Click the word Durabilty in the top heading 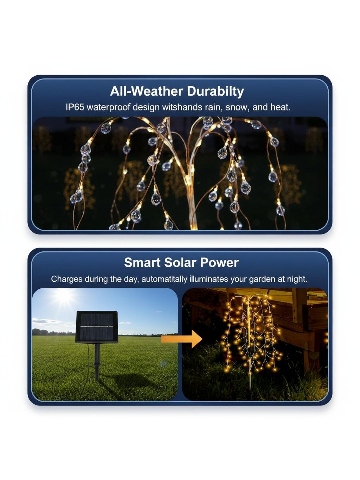click(x=215, y=91)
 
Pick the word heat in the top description click(x=281, y=107)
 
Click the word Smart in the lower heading click(x=142, y=262)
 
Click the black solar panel click(x=97, y=327)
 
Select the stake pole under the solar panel click(x=97, y=361)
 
